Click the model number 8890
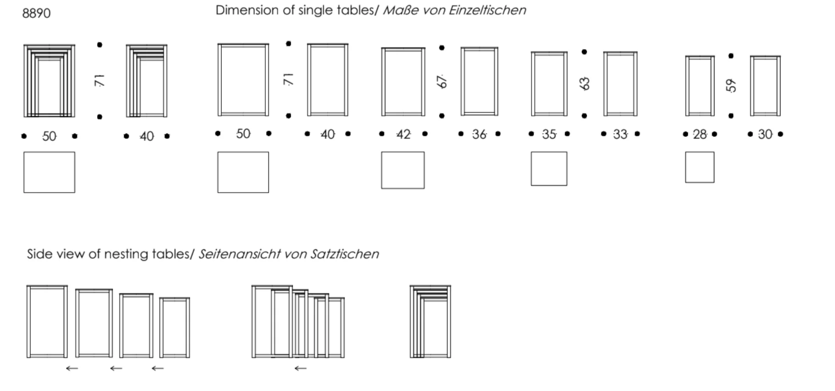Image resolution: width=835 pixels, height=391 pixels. (36, 13)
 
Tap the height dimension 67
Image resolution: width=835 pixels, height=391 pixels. (442, 81)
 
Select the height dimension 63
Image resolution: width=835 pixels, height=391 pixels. (584, 83)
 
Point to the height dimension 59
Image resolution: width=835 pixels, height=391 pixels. (731, 85)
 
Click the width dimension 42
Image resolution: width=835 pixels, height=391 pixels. (403, 135)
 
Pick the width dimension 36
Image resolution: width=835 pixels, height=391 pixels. (479, 135)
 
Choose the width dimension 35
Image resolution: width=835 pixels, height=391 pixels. (549, 135)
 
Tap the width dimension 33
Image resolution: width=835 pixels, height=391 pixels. (620, 135)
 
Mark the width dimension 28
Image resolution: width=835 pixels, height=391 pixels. (700, 135)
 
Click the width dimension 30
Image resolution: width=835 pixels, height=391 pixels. (765, 135)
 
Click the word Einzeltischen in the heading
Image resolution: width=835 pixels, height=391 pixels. (487, 10)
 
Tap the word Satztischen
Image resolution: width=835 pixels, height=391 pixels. (345, 254)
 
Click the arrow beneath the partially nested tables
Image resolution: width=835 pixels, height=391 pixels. (300, 368)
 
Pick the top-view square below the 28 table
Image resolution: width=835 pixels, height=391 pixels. (699, 168)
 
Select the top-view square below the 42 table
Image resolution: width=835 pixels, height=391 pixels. (403, 170)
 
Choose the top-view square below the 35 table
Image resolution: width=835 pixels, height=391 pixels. (549, 169)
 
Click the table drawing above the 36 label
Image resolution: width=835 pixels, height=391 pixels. (479, 81)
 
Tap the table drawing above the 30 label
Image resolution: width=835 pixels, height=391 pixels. (765, 86)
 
